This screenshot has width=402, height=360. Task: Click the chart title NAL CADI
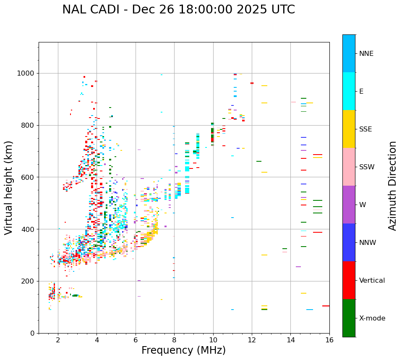click(178, 10)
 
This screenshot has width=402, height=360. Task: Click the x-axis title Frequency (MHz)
click(183, 350)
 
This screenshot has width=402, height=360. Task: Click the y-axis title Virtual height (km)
click(9, 187)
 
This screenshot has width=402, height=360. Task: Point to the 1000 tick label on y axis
click(26, 73)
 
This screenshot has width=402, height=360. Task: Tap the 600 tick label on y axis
click(28, 177)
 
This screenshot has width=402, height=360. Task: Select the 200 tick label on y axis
click(28, 281)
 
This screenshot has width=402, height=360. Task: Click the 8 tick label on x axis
click(174, 340)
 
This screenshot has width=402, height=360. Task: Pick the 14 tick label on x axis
click(291, 340)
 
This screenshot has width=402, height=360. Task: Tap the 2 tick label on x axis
click(58, 340)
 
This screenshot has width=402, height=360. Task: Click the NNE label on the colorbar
click(366, 54)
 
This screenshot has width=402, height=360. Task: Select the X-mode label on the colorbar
click(372, 318)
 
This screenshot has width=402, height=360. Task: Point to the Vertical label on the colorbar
click(372, 281)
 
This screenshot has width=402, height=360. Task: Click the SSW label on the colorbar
click(367, 167)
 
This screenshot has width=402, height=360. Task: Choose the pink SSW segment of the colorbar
click(349, 167)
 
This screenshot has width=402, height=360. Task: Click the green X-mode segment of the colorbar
click(349, 318)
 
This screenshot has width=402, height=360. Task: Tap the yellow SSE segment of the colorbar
click(349, 129)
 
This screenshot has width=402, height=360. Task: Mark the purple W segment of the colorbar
click(349, 205)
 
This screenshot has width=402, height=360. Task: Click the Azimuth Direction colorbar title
click(392, 186)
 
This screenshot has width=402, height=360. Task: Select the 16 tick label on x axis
click(329, 340)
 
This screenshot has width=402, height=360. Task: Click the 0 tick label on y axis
click(32, 333)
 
